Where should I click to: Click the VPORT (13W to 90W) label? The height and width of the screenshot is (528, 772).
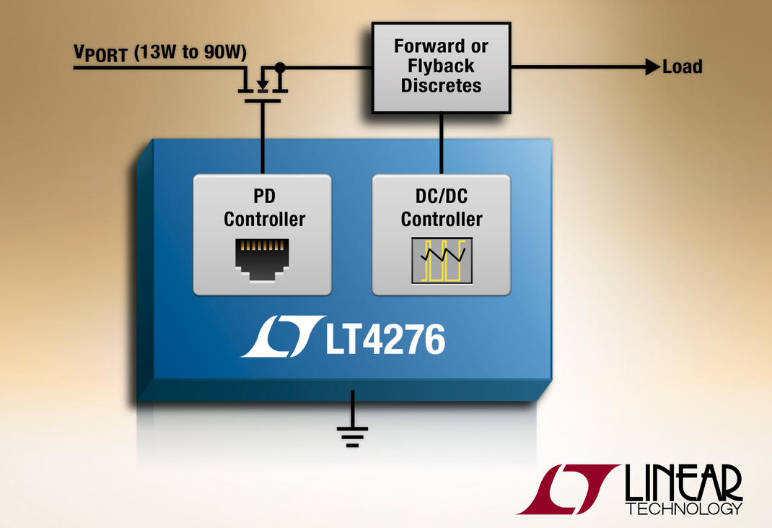pyautogui.click(x=160, y=53)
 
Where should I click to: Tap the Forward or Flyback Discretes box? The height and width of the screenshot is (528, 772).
pyautogui.click(x=441, y=68)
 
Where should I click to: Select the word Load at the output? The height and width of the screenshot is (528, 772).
pyautogui.click(x=683, y=66)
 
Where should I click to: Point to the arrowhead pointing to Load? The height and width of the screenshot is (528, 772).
pyautogui.click(x=652, y=66)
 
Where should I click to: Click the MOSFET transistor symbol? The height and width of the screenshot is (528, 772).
pyautogui.click(x=263, y=84)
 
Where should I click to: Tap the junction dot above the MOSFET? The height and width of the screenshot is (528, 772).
pyautogui.click(x=280, y=66)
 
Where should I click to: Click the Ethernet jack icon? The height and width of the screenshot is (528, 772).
pyautogui.click(x=262, y=260)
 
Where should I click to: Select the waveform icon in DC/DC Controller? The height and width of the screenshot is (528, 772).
pyautogui.click(x=442, y=261)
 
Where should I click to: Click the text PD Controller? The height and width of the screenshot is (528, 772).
pyautogui.click(x=264, y=207)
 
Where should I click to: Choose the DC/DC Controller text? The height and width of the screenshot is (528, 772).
pyautogui.click(x=442, y=207)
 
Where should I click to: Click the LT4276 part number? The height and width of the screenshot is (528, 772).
pyautogui.click(x=385, y=339)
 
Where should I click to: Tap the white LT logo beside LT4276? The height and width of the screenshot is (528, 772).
pyautogui.click(x=283, y=336)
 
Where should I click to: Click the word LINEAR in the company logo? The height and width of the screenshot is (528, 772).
pyautogui.click(x=683, y=483)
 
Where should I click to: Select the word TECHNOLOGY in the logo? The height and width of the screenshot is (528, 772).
pyautogui.click(x=684, y=508)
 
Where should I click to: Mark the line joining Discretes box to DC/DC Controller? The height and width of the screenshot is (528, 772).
pyautogui.click(x=441, y=144)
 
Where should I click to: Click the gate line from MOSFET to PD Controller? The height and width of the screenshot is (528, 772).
pyautogui.click(x=263, y=138)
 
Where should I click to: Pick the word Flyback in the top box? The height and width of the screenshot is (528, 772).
pyautogui.click(x=441, y=66)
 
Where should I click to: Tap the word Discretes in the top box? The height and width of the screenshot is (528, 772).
pyautogui.click(x=441, y=85)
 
